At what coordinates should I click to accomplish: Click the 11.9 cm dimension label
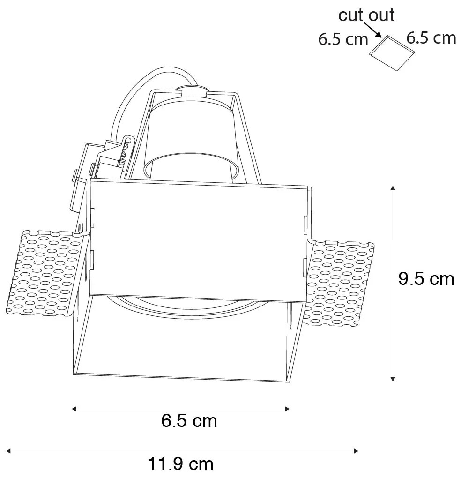tap(181, 464)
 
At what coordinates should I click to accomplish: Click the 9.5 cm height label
tap(426, 279)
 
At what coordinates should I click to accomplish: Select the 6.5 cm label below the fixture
tap(189, 421)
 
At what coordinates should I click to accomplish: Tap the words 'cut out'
tap(366, 15)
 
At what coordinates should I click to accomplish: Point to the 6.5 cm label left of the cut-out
tap(343, 39)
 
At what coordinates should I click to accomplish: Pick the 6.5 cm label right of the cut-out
tap(431, 37)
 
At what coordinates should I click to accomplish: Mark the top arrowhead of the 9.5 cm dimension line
tap(393, 188)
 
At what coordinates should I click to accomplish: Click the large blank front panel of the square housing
tap(197, 239)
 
